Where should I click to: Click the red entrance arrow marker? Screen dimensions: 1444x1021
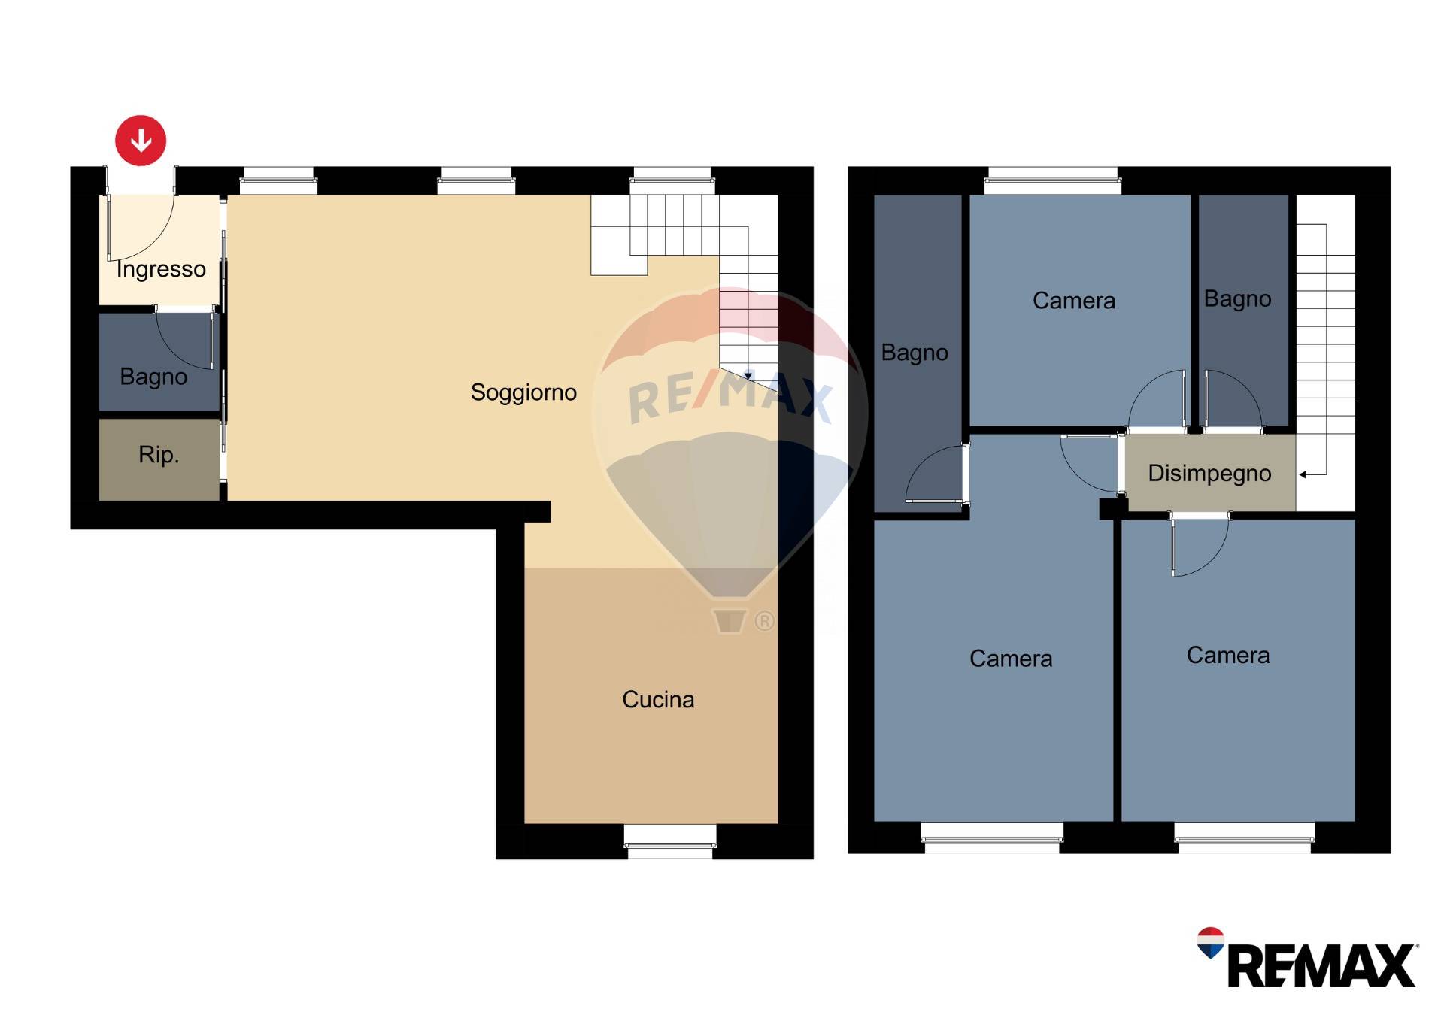pyautogui.click(x=141, y=141)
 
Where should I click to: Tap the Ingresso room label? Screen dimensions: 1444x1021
pyautogui.click(x=161, y=269)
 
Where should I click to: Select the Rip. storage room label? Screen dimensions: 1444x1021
pyautogui.click(x=159, y=455)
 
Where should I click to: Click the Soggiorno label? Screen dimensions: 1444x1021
pyautogui.click(x=523, y=392)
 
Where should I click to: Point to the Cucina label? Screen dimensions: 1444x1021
pyautogui.click(x=658, y=700)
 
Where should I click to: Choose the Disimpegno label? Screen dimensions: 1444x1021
pyautogui.click(x=1209, y=474)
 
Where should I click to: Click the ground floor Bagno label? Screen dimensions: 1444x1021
pyautogui.click(x=153, y=377)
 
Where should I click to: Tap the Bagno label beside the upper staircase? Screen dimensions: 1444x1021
pyautogui.click(x=1237, y=299)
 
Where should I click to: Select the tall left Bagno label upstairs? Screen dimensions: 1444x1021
pyautogui.click(x=915, y=353)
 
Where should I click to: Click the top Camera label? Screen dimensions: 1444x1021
pyautogui.click(x=1074, y=301)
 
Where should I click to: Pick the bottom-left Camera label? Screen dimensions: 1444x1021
pyautogui.click(x=1011, y=659)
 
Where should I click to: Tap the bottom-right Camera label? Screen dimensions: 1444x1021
pyautogui.click(x=1228, y=656)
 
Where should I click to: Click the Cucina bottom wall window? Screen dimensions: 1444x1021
pyautogui.click(x=670, y=842)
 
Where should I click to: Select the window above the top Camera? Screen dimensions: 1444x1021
pyautogui.click(x=1053, y=180)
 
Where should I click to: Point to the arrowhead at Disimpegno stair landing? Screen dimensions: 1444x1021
pyautogui.click(x=1303, y=474)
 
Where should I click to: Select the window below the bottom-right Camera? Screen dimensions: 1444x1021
pyautogui.click(x=1245, y=838)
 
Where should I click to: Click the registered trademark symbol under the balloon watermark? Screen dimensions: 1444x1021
pyautogui.click(x=764, y=621)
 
